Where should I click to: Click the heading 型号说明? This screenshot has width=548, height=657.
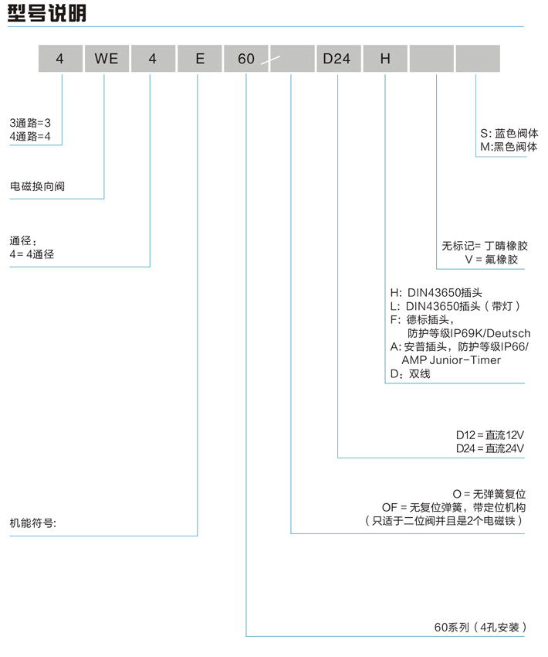tap(47, 13)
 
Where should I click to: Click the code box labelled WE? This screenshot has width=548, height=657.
tap(106, 59)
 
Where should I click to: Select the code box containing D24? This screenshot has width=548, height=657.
tap(337, 59)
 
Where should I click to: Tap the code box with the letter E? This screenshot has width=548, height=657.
tap(199, 59)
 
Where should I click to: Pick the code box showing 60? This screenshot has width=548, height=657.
tap(246, 59)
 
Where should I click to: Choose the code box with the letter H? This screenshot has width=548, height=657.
tap(384, 59)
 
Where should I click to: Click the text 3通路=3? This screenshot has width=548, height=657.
tap(30, 123)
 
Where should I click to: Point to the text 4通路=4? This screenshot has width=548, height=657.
tap(30, 136)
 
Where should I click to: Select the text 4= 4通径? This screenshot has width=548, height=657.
tap(32, 254)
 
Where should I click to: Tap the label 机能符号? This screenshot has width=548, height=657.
tap(33, 523)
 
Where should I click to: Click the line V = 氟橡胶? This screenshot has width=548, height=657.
tap(497, 260)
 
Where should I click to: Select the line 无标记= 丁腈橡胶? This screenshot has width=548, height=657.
tap(485, 246)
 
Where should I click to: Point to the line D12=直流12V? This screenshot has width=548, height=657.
tap(490, 435)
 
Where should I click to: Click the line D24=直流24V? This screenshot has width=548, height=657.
tap(490, 449)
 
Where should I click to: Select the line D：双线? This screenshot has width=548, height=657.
tap(410, 374)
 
